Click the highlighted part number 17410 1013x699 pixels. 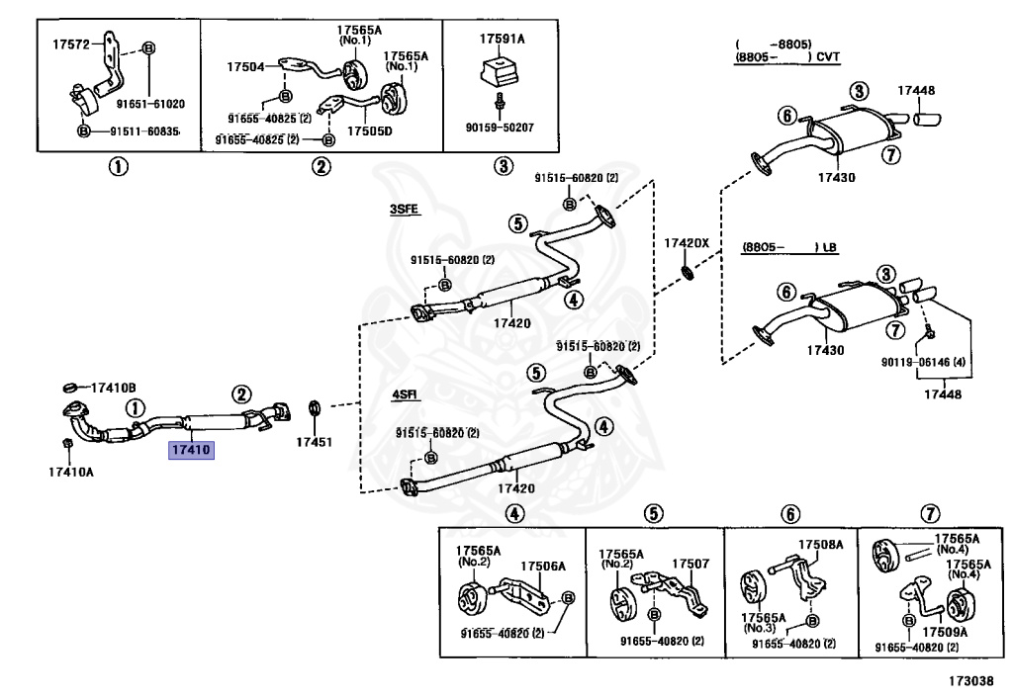click(193, 451)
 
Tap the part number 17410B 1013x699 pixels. click(114, 387)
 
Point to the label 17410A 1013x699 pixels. click(70, 471)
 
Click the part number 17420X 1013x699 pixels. click(687, 242)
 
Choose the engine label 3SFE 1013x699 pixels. click(404, 210)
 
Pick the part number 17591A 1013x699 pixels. click(502, 39)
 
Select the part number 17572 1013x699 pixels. click(71, 44)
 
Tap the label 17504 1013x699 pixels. click(244, 67)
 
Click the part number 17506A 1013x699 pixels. click(544, 566)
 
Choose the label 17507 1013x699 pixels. click(691, 564)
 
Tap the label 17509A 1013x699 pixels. click(945, 631)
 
